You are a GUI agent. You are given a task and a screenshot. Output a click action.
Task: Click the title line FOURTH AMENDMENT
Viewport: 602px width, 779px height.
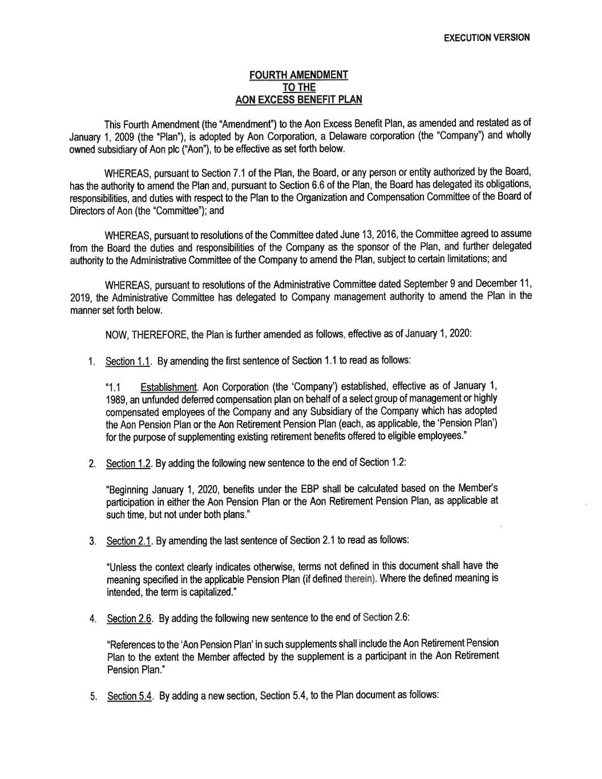tap(299, 75)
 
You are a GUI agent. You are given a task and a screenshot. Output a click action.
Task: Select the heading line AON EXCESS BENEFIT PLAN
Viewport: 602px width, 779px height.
tap(299, 99)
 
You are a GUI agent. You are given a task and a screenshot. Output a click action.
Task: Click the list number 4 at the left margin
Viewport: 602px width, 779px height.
tap(91, 619)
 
